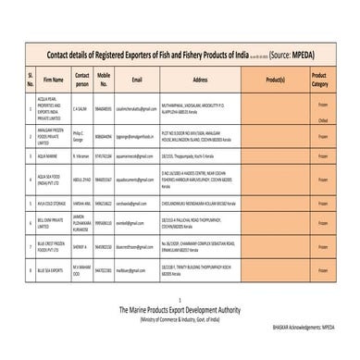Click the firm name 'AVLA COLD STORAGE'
pyautogui.click(x=52, y=202)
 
